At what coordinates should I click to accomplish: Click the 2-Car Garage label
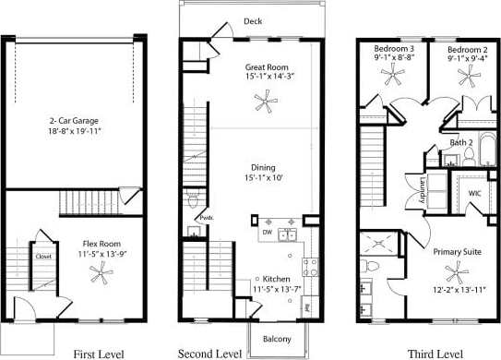tap(76, 120)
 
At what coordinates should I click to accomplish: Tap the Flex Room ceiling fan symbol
tap(100, 272)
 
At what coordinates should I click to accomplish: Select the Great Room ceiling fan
tap(265, 107)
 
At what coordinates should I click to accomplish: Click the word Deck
tap(254, 20)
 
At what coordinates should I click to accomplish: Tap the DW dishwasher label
tap(266, 233)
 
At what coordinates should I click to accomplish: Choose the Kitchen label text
tap(277, 279)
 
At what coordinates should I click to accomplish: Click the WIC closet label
tap(475, 193)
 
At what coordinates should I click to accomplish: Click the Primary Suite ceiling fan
tap(453, 271)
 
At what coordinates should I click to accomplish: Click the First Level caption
tap(97, 352)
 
